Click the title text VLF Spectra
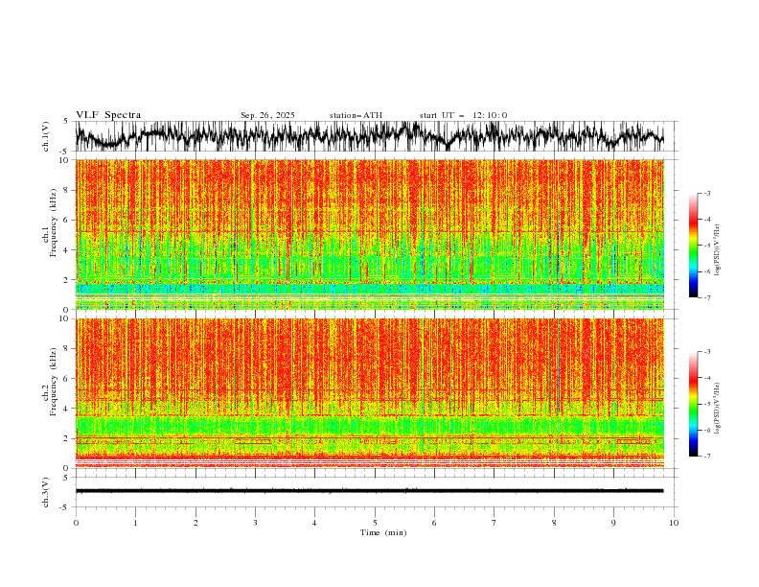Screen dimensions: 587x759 click(108, 115)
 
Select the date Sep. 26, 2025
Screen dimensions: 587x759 click(267, 115)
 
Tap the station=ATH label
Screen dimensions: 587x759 click(356, 115)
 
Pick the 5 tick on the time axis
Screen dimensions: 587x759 click(375, 523)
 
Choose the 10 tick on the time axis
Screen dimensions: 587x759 click(674, 523)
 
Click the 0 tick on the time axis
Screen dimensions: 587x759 click(76, 523)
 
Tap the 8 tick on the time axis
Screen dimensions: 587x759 click(554, 523)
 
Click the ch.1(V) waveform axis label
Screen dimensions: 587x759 click(46, 137)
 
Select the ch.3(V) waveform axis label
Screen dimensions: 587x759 click(46, 490)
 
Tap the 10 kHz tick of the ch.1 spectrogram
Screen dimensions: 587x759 click(63, 160)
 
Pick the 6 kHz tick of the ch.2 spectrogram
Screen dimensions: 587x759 click(65, 378)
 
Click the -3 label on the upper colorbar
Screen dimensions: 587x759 click(707, 194)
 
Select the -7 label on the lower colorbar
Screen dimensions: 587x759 click(707, 457)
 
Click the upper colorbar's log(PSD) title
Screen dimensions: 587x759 click(717, 246)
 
